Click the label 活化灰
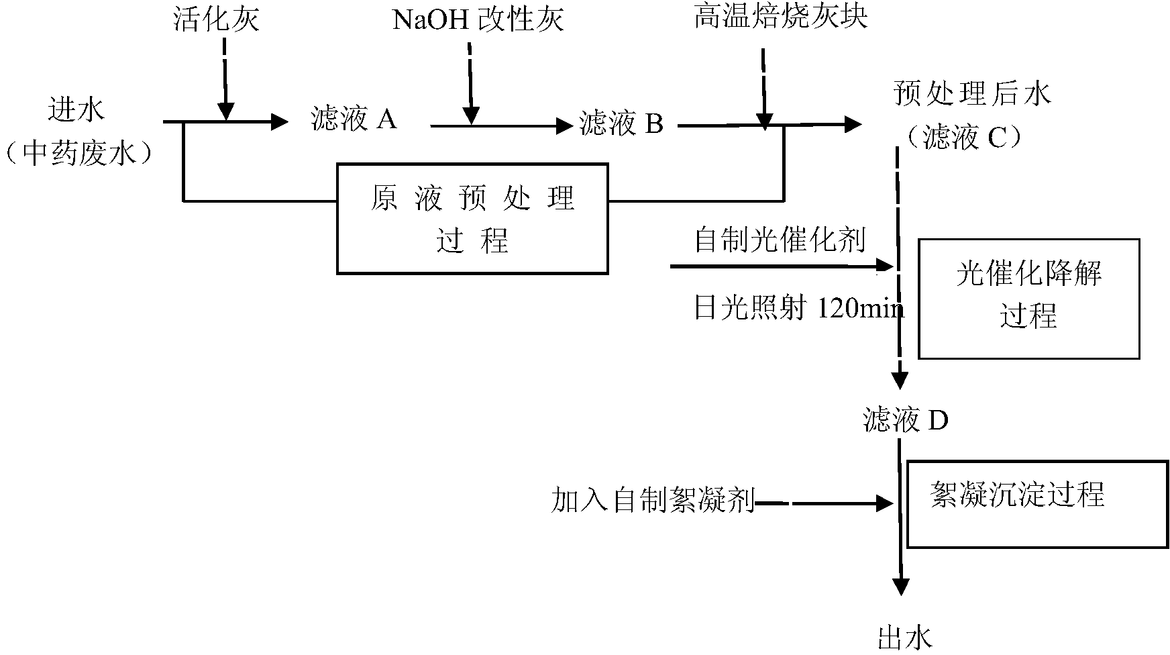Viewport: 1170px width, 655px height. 216,19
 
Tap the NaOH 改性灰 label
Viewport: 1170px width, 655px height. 478,19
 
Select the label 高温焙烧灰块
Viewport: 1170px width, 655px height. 781,17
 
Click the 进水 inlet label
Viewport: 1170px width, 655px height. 76,109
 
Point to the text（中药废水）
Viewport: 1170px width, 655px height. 78,154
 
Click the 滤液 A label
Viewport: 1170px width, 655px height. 354,119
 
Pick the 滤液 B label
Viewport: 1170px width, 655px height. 621,123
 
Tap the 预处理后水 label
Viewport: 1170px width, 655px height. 972,94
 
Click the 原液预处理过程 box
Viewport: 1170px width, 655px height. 472,219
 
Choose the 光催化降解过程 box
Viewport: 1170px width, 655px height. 1028,299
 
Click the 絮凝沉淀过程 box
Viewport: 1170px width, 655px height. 1037,503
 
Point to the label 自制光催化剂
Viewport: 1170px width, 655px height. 780,240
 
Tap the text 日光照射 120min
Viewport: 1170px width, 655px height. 799,308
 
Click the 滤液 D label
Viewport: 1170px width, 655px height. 906,421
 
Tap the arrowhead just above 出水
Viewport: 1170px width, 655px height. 900,586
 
